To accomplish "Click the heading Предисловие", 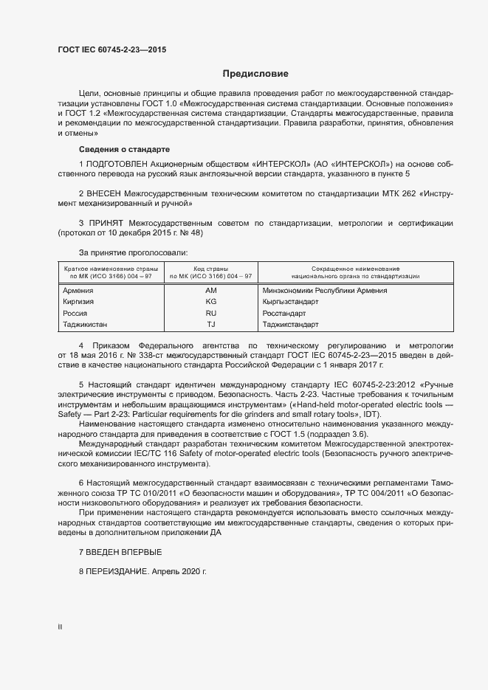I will pos(255,74).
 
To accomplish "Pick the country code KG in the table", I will pos(210,302).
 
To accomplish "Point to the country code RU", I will pos(210,313).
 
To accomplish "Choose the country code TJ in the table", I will pos(210,325).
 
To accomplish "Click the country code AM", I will pos(210,291).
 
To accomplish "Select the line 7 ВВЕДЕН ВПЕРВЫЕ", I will pos(120,552).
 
